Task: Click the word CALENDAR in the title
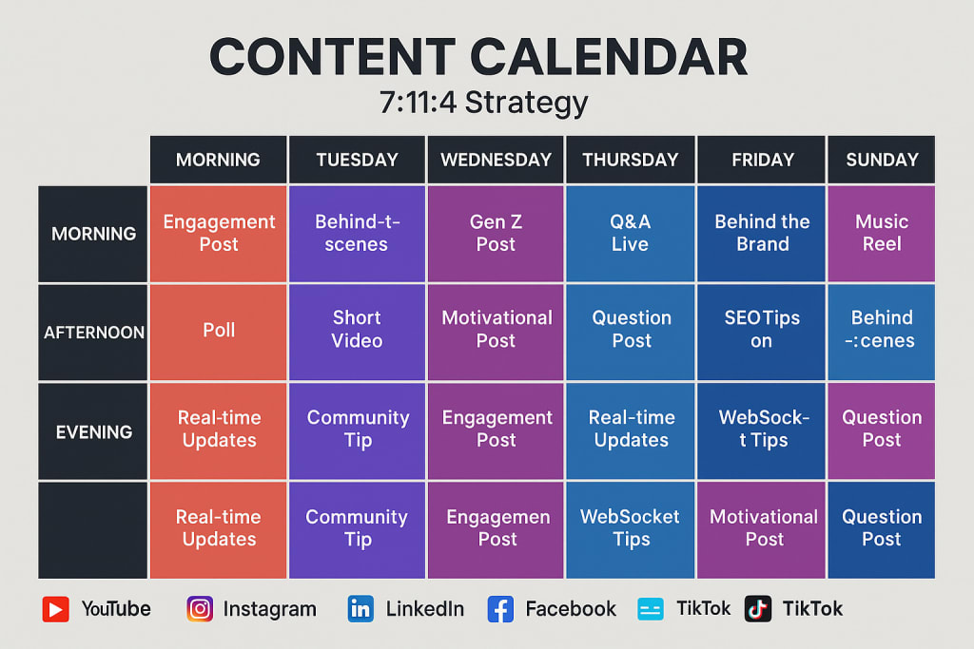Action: pos(609,57)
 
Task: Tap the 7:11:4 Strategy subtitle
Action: pos(483,103)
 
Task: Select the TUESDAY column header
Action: pos(358,160)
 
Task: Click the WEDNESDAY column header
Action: pos(496,160)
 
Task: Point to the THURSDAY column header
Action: pos(630,160)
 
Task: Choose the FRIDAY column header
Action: pos(762,160)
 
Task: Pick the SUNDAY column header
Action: pos(882,160)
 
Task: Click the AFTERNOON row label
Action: pos(93,332)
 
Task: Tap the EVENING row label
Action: pos(93,431)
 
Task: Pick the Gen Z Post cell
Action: pos(496,234)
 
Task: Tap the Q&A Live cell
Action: pos(630,234)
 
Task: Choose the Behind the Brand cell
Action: pos(762,234)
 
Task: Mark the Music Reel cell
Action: pos(882,234)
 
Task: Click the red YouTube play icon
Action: pos(56,609)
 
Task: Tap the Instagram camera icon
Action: pos(200,609)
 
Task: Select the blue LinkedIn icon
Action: pos(360,609)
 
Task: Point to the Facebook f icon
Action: pos(500,609)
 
